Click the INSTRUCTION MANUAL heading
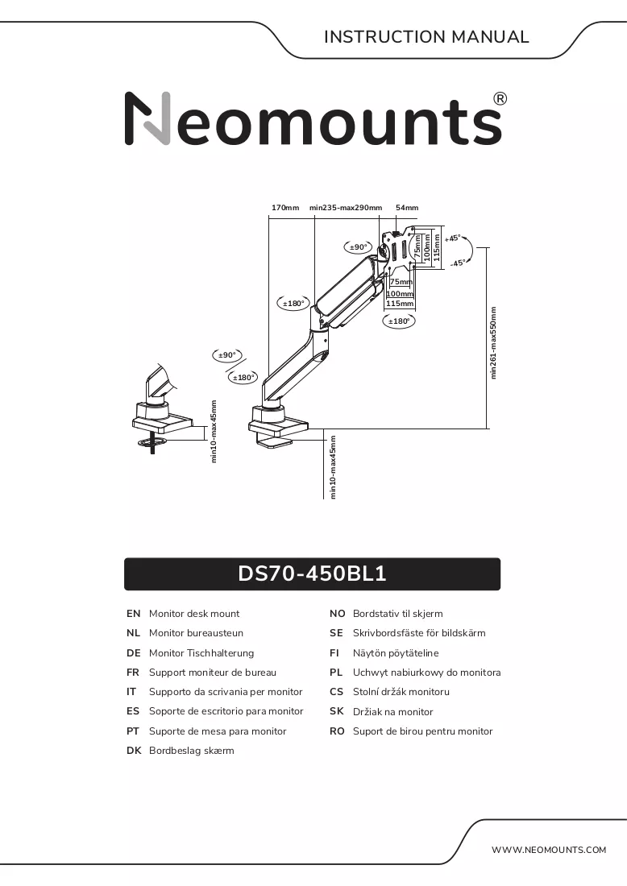[x=426, y=37]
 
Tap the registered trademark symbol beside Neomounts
[x=500, y=99]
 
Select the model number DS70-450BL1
[x=312, y=573]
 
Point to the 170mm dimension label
[x=285, y=207]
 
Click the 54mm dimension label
[x=407, y=207]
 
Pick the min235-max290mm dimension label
[x=346, y=207]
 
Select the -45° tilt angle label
[x=458, y=263]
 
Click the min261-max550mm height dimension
[x=493, y=342]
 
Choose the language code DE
[x=134, y=652]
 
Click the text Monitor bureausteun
[x=196, y=633]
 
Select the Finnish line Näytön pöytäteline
[x=395, y=652]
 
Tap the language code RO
[x=337, y=731]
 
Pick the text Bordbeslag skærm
[x=191, y=751]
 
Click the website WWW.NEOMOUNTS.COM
[x=548, y=850]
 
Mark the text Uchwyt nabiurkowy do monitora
[x=426, y=673]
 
